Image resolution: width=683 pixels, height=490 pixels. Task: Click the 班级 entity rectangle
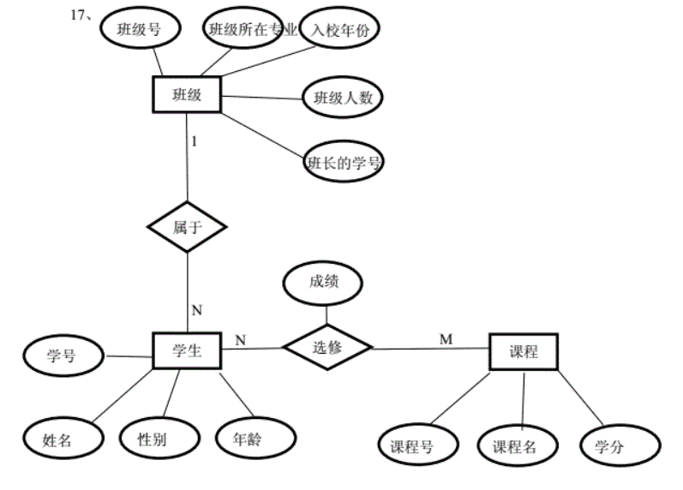click(186, 94)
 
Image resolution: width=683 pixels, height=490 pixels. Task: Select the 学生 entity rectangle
click(186, 350)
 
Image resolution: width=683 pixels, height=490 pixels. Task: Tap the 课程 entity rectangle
click(523, 352)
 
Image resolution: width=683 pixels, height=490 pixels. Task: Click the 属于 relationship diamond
click(186, 227)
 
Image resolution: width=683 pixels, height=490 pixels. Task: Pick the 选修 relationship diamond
click(327, 347)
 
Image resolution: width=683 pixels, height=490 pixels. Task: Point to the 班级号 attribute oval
click(139, 29)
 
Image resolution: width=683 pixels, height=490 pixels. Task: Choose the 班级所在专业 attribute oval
click(252, 30)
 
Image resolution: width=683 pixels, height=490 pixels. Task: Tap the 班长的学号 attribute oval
click(344, 162)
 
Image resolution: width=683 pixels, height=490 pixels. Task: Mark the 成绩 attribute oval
click(323, 280)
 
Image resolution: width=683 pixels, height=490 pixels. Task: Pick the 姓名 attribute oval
click(57, 439)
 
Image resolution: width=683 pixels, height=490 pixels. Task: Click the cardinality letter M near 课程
click(446, 339)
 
